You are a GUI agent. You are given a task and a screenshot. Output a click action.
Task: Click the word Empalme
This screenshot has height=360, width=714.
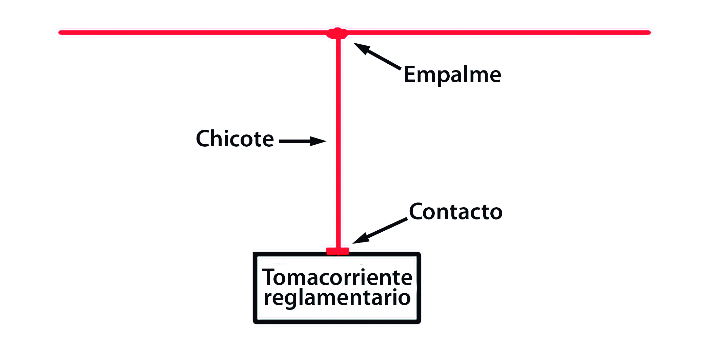452,75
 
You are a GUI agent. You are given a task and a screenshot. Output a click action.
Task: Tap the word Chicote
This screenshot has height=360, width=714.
235,139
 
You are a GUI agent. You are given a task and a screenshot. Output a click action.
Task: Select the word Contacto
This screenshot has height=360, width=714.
456,212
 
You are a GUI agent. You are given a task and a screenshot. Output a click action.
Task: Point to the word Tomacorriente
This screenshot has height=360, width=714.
337,277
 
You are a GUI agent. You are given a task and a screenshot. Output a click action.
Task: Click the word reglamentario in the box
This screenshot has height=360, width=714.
337,298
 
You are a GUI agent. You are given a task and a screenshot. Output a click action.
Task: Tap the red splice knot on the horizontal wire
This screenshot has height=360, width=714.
337,33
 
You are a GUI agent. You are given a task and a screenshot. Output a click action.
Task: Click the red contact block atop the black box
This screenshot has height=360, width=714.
338,251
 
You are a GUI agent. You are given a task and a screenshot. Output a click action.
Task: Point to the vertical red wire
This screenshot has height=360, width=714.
338,142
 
